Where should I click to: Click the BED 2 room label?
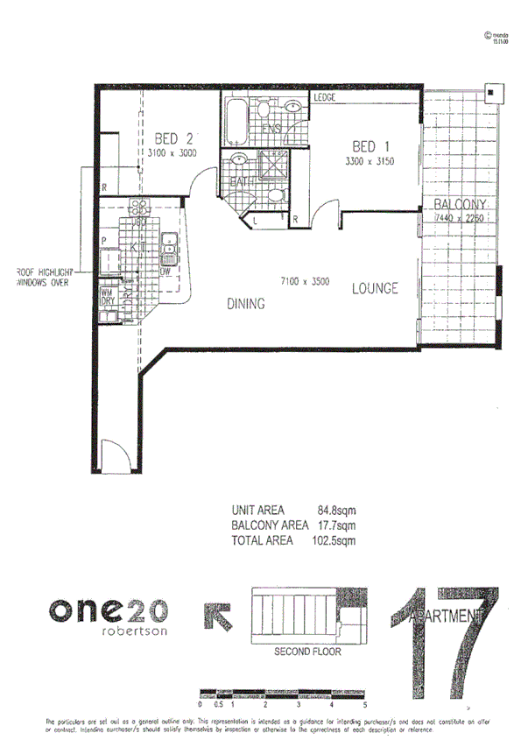coord(172,138)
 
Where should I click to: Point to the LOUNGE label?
coord(376,288)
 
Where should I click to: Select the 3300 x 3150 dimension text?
coord(371,161)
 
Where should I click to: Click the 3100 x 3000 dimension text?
coord(172,153)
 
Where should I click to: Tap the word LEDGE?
coord(326,98)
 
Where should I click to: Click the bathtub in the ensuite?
coord(236,123)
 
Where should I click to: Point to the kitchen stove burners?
coord(139,208)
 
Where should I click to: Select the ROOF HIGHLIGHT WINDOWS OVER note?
coord(43,278)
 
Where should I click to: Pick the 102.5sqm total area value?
coord(336,540)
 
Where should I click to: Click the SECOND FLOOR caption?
coord(307,652)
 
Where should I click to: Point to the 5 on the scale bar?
coord(364,704)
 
